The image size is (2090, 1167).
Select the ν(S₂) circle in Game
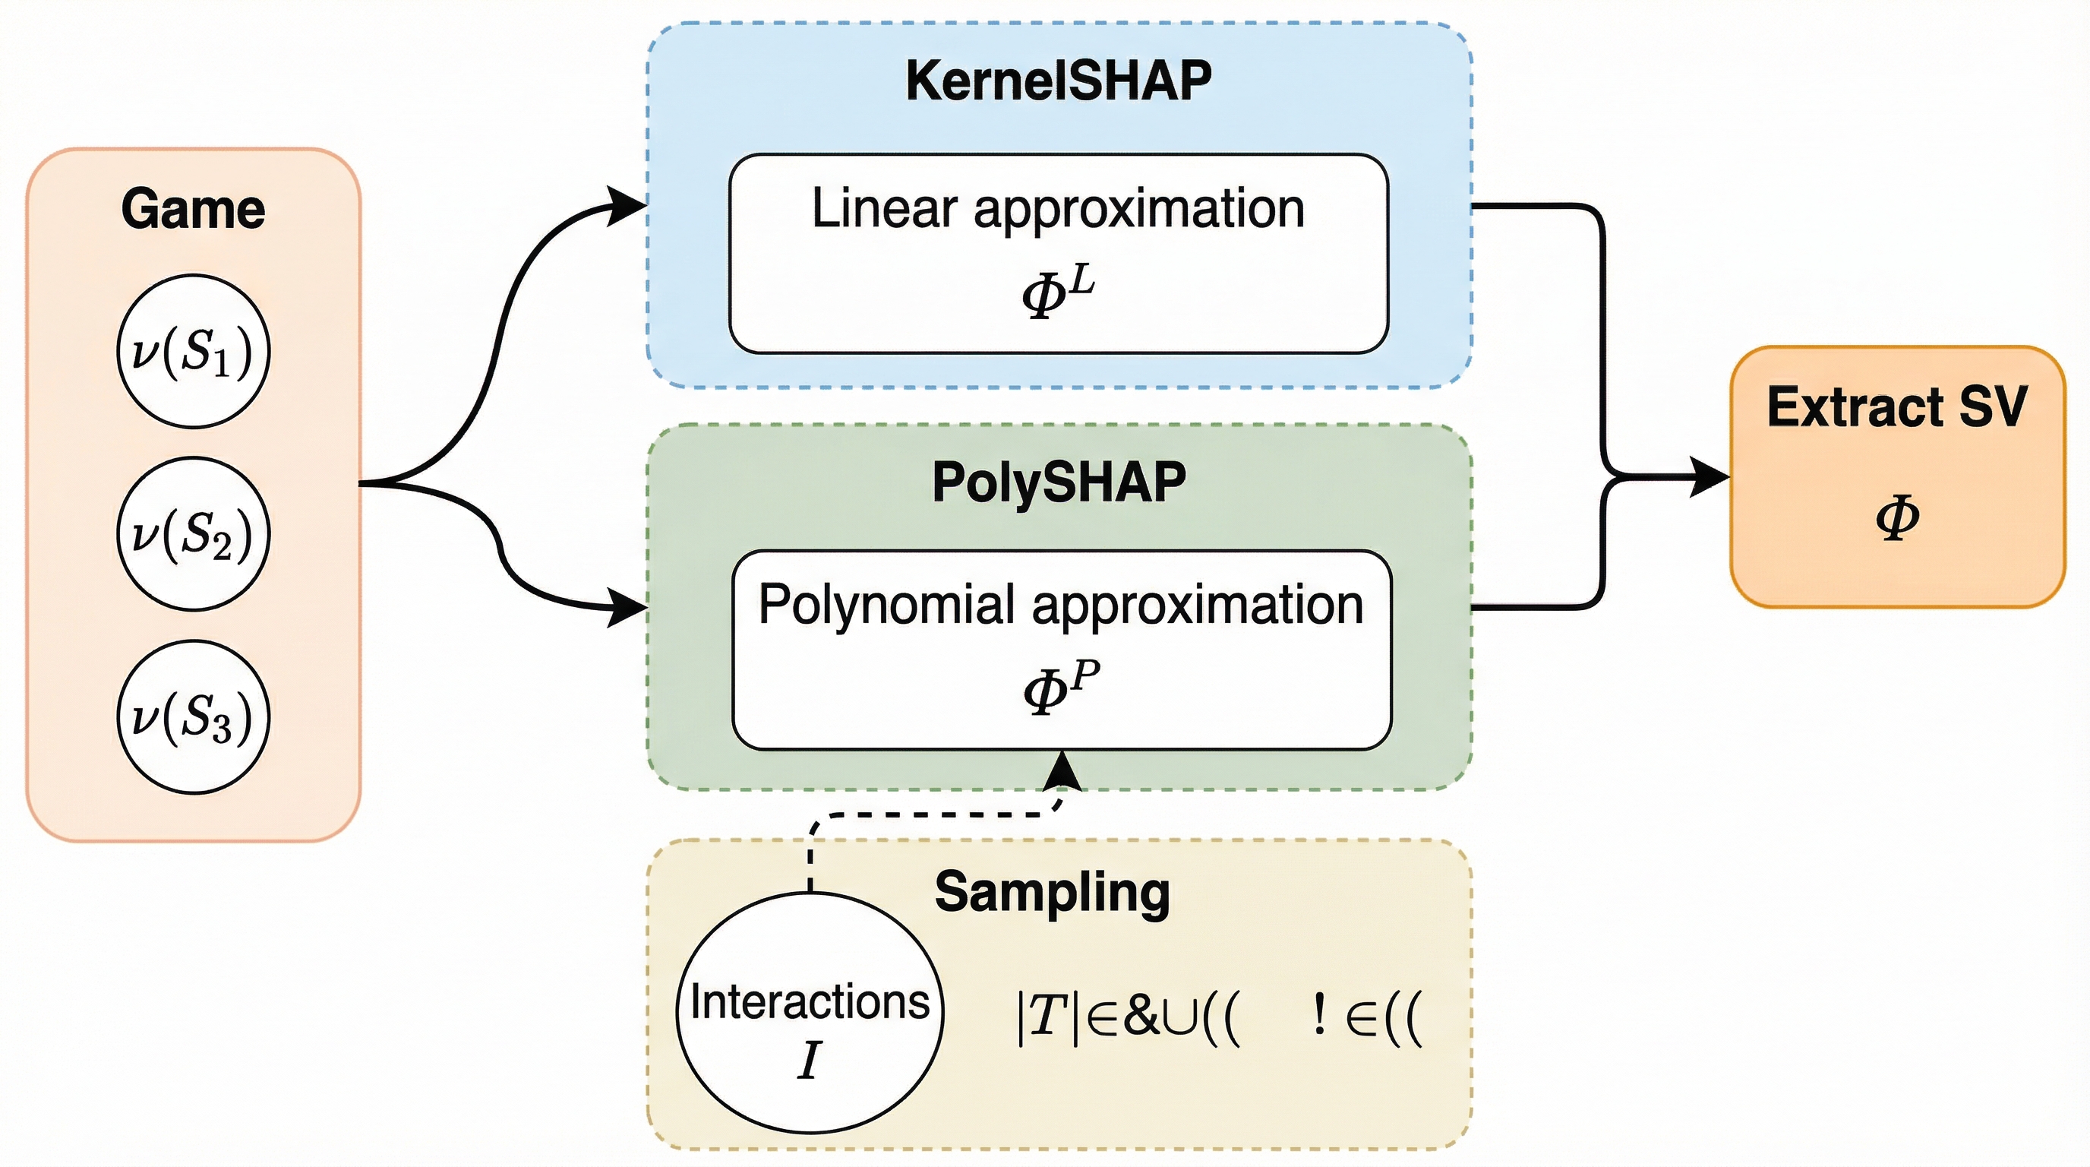pyautogui.click(x=193, y=533)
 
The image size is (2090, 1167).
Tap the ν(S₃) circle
pyautogui.click(x=193, y=716)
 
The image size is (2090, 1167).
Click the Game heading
pyautogui.click(x=193, y=209)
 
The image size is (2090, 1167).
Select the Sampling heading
pyautogui.click(x=1052, y=892)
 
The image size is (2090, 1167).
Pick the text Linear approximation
pyautogui.click(x=1058, y=209)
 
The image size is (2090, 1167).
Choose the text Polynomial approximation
pyautogui.click(x=1060, y=605)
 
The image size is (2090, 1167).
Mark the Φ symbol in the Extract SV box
pyautogui.click(x=1897, y=517)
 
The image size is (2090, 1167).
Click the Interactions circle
pyautogui.click(x=810, y=1013)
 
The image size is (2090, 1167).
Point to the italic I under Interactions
pyautogui.click(x=809, y=1060)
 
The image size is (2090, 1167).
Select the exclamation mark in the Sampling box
pyautogui.click(x=1319, y=1015)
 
